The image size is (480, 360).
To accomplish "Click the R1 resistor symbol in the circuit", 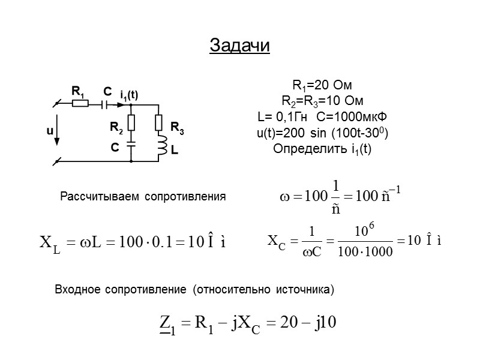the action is (80, 103).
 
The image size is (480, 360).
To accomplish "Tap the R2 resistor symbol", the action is (131, 123).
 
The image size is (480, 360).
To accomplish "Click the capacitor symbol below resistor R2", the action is (131, 144).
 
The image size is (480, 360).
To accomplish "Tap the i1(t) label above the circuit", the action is (129, 94).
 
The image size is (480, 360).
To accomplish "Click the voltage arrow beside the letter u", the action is (58, 133).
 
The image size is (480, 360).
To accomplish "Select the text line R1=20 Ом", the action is (323, 85).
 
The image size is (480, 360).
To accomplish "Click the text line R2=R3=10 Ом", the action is (323, 100).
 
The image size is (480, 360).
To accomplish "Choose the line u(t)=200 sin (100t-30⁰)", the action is (323, 133).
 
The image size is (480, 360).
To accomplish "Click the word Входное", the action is (78, 290).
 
